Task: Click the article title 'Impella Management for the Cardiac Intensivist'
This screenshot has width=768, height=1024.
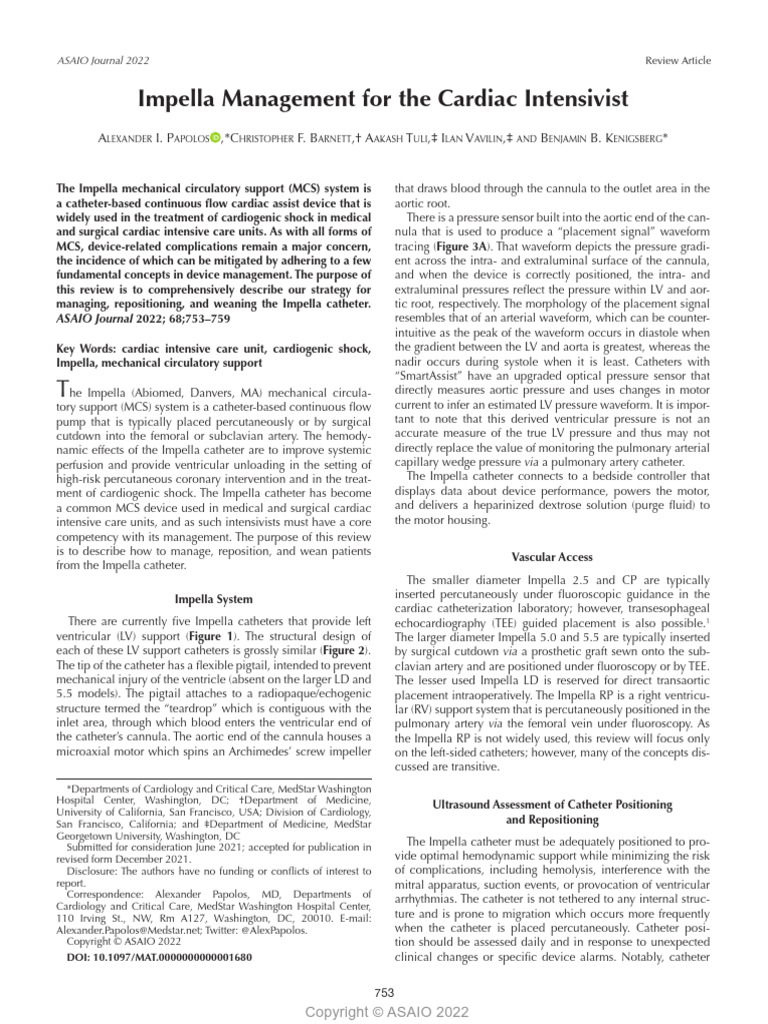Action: [383, 99]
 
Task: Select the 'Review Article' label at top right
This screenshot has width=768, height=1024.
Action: [679, 61]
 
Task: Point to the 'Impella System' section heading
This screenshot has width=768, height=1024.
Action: [214, 600]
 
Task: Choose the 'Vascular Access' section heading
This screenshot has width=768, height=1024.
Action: [552, 557]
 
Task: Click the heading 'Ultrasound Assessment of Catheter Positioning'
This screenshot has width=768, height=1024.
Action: [552, 804]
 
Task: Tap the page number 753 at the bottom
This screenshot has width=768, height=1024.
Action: [384, 992]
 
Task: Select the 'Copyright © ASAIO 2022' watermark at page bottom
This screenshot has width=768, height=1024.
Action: [386, 1012]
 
